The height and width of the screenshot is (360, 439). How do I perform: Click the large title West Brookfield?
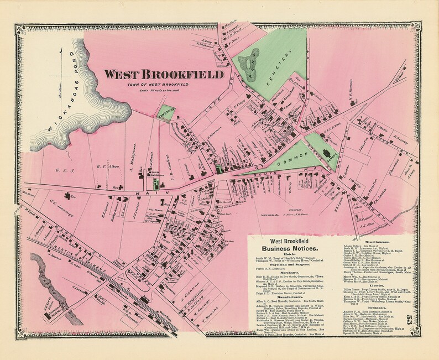[x=164, y=74]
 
